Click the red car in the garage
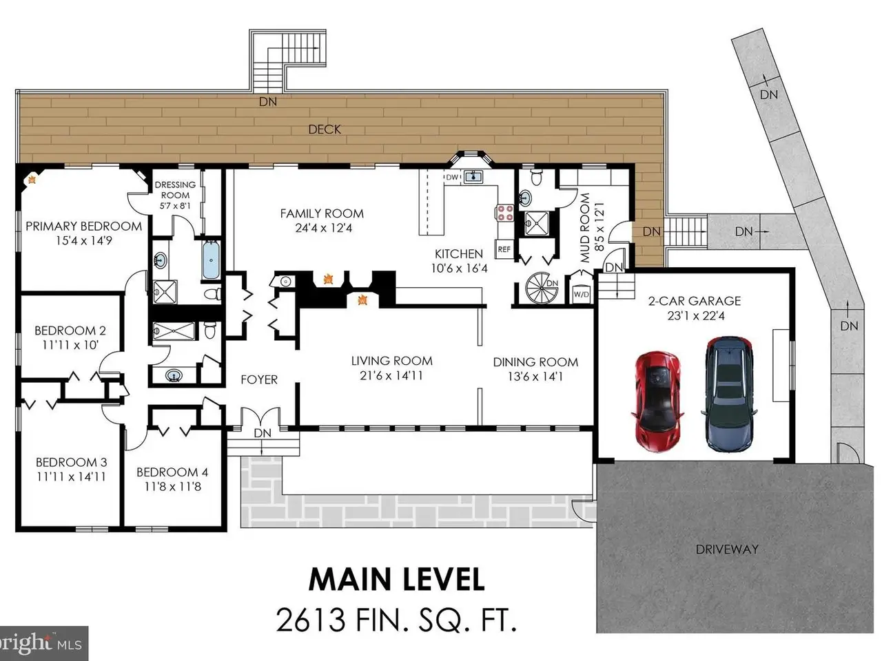(657, 401)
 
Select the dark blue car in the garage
(729, 394)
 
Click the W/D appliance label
(581, 294)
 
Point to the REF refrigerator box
(504, 249)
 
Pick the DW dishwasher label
(451, 178)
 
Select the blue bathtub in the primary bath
(211, 260)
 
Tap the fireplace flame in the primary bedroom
(32, 180)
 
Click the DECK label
(325, 129)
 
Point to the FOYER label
(259, 379)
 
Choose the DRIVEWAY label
(727, 549)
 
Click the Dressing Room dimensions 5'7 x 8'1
(175, 206)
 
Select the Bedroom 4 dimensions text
(173, 487)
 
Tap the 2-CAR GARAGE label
(695, 301)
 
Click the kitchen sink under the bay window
(473, 177)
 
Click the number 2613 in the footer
(310, 631)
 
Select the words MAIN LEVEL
(396, 580)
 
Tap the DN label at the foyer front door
(263, 433)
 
